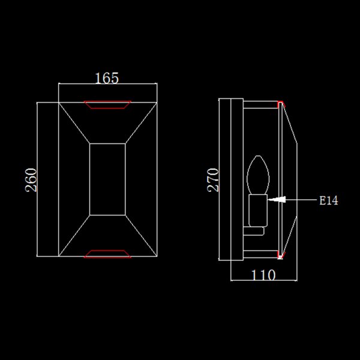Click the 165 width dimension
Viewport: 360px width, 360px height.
(107, 78)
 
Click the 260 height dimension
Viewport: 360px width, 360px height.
(31, 180)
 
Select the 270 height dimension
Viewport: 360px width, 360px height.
(213, 180)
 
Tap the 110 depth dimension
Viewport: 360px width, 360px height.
(263, 275)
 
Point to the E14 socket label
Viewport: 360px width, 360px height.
(329, 200)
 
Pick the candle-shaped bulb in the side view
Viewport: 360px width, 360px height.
(258, 175)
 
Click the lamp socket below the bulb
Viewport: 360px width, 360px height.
(258, 211)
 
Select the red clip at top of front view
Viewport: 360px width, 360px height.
(107, 104)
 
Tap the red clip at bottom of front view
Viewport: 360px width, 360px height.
(107, 254)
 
